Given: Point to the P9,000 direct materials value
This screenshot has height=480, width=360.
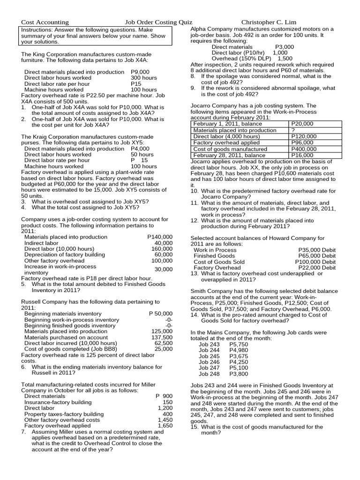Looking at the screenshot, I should (x=141, y=72).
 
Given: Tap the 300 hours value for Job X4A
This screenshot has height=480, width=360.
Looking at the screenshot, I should (x=144, y=78).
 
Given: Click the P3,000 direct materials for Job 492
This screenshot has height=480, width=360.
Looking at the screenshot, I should (x=285, y=47).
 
